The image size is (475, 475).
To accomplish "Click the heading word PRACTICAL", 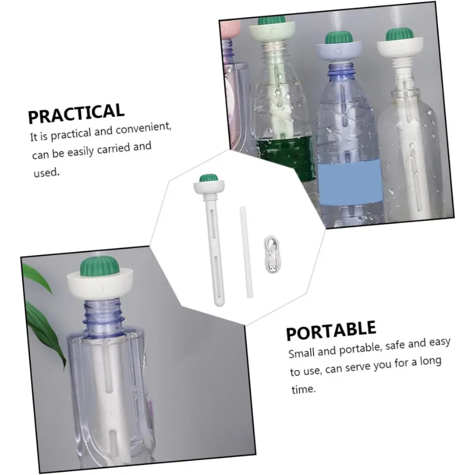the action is click(76, 113).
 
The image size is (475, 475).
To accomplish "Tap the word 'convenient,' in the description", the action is click(144, 128).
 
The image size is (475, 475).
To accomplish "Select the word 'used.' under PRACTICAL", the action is click(46, 173).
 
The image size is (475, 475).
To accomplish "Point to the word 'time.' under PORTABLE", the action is click(303, 389).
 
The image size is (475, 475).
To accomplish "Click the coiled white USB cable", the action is click(272, 255).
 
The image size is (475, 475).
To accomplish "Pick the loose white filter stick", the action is click(246, 252).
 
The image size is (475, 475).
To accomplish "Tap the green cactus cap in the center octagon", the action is click(209, 178).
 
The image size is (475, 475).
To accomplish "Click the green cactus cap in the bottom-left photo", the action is click(99, 266).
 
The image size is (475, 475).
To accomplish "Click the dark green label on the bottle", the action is click(285, 158).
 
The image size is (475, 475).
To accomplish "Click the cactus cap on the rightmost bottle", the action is click(399, 34).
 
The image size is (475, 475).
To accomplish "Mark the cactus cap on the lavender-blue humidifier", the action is click(339, 38).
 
